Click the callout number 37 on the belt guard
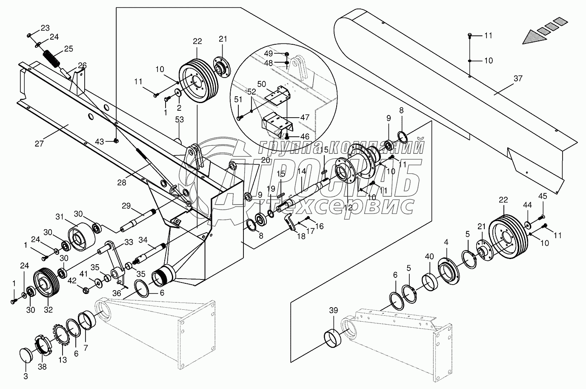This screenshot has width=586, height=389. (x=517, y=78)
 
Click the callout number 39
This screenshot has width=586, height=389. (x=334, y=311)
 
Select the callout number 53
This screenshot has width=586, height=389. (x=179, y=120)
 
